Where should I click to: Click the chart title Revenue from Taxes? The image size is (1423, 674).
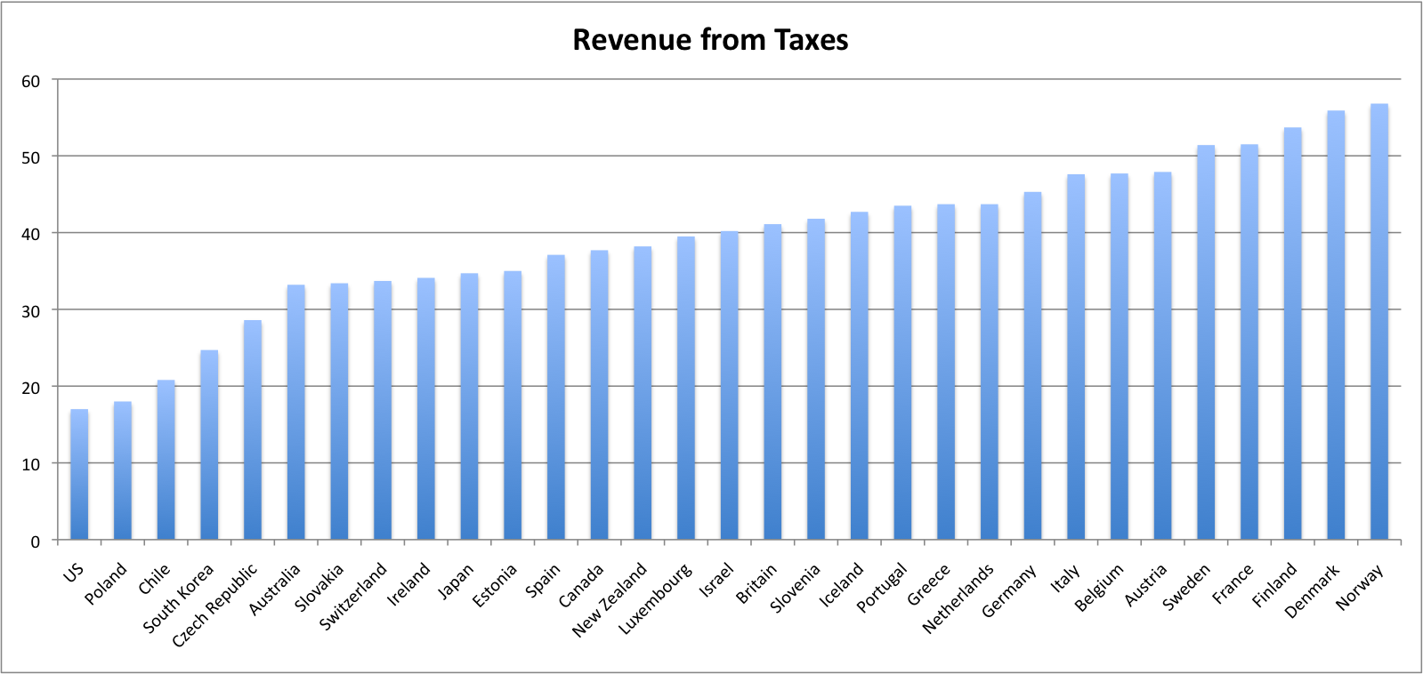click(710, 40)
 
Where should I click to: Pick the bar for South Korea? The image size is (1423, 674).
click(209, 445)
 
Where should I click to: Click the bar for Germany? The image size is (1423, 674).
click(1032, 365)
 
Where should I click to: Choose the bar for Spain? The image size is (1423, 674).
click(556, 397)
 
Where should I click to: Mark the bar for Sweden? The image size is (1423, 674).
click(1206, 342)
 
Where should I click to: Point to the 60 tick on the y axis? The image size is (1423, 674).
click(31, 81)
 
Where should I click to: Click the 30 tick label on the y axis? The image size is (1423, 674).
click(31, 310)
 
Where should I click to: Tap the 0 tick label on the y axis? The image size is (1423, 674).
click(36, 541)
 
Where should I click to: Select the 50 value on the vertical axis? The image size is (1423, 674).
click(31, 157)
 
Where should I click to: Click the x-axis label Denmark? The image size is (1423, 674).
click(1312, 592)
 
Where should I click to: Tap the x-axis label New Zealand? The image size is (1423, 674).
click(610, 601)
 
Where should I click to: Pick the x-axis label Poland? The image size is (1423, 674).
click(106, 584)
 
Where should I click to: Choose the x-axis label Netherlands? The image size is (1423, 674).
click(958, 599)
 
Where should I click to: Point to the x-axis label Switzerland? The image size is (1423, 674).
click(353, 596)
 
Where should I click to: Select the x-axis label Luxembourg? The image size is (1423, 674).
click(655, 599)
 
